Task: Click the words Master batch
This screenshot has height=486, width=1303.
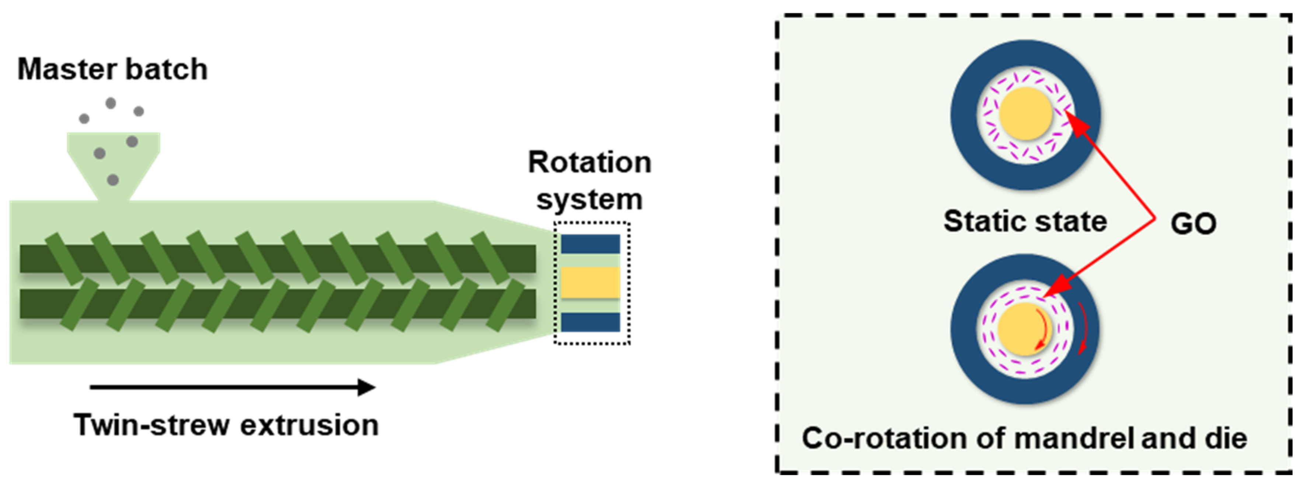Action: tap(112, 69)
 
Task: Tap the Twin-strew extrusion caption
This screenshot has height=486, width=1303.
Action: tap(226, 425)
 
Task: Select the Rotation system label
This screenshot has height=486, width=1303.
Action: tap(590, 181)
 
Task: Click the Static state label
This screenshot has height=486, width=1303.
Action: tap(1025, 221)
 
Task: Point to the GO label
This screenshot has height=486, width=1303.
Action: tap(1193, 224)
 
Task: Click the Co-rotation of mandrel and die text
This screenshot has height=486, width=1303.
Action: tap(1024, 438)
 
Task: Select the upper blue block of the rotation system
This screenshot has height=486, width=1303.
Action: tap(590, 244)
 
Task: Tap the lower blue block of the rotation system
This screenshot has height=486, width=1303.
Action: tap(590, 322)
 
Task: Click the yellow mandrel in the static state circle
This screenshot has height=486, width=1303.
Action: tap(1025, 113)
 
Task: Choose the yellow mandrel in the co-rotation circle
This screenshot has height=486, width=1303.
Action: tap(1024, 329)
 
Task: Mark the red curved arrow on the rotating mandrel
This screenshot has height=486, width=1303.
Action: tap(1042, 329)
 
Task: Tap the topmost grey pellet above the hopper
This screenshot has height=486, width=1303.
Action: tap(110, 104)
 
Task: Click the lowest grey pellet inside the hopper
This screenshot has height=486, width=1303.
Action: tap(113, 180)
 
